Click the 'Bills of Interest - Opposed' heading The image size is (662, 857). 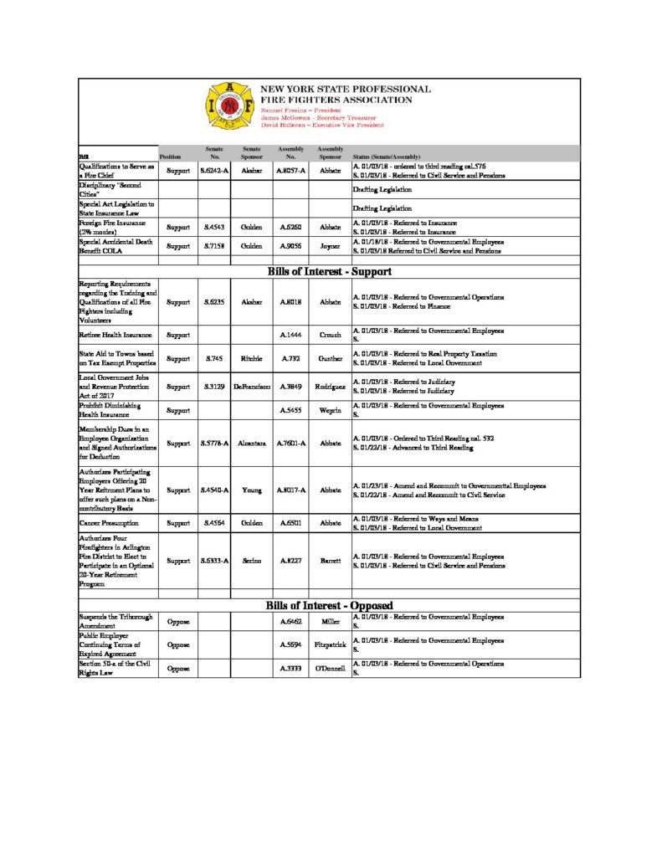330,605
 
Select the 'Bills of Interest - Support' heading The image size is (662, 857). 330,272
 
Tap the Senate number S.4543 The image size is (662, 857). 214,227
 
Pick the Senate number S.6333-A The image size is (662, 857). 214,561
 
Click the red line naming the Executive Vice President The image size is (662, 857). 322,125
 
